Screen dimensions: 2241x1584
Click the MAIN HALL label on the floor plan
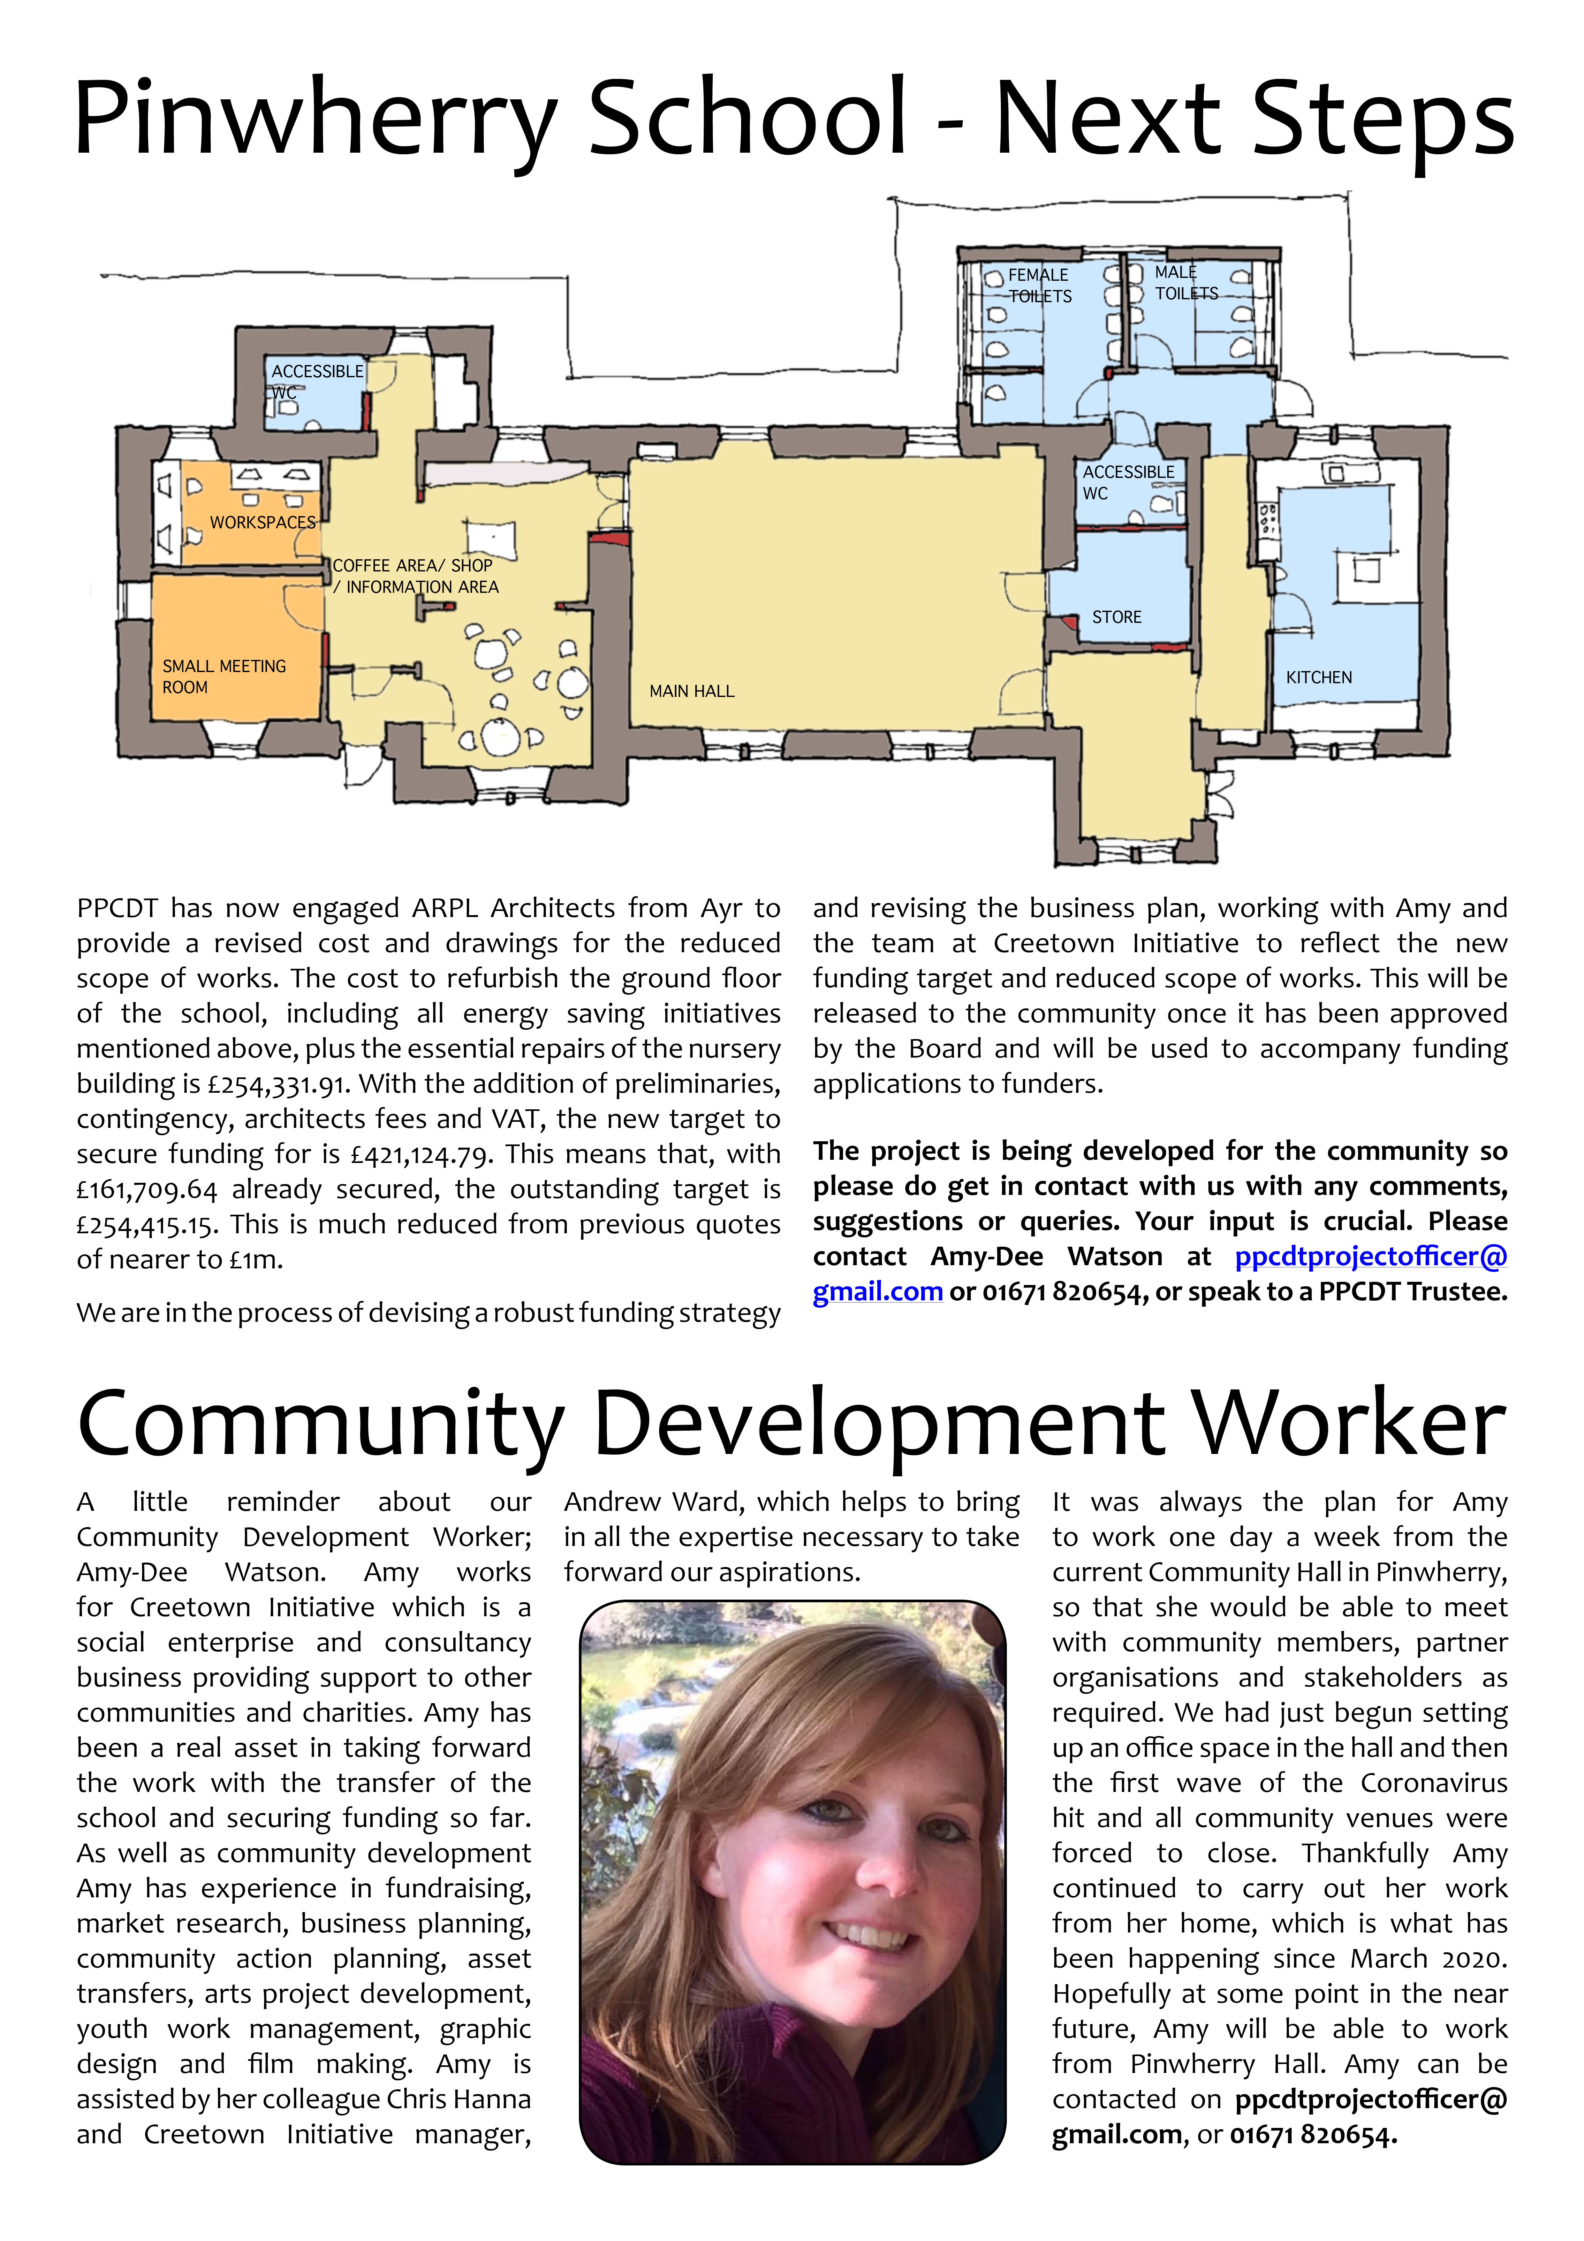[692, 691]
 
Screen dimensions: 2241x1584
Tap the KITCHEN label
[1319, 677]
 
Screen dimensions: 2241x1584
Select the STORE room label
[1117, 617]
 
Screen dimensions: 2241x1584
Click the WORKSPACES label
[262, 522]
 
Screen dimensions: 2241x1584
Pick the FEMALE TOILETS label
[1039, 285]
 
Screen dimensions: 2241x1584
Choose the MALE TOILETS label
[1186, 283]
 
